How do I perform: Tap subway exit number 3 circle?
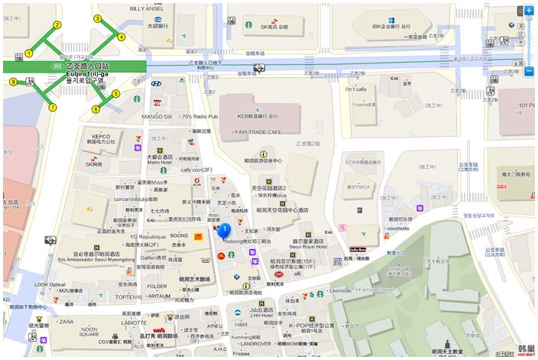97,18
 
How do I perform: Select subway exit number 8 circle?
13,82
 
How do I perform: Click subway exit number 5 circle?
116,94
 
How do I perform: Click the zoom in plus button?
529,11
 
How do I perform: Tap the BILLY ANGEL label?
146,8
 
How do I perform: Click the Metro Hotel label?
160,162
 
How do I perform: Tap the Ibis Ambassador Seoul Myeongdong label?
95,258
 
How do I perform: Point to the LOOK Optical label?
51,284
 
